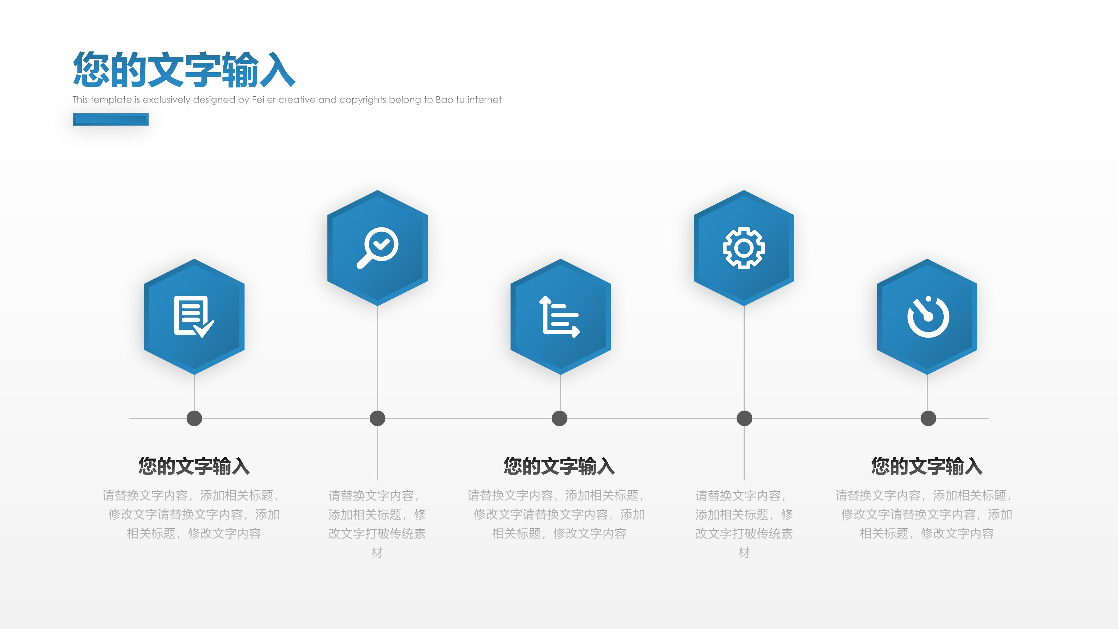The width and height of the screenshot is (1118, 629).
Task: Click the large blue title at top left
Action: [x=184, y=70]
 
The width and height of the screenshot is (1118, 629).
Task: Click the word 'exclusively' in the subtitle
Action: [x=166, y=100]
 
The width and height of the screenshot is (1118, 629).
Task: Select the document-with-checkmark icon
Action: [x=194, y=317]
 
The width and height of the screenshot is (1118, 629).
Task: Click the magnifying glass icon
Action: [x=377, y=248]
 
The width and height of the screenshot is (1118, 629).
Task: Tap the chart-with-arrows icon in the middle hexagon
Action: [x=559, y=317]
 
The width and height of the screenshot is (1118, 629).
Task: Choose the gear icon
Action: [x=744, y=248]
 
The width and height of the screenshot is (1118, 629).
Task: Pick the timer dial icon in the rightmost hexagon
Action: [x=928, y=317]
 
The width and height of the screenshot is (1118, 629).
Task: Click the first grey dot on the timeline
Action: [x=194, y=418]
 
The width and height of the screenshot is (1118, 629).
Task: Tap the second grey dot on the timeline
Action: [x=377, y=418]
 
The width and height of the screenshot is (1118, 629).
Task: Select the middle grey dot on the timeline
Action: [x=559, y=418]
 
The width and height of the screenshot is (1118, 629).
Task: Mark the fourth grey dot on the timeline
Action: [x=744, y=418]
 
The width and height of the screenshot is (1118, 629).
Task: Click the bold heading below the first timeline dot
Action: [x=194, y=466]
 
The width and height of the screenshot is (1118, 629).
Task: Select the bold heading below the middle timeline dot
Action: [x=559, y=466]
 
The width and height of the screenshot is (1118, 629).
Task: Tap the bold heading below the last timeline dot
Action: [x=927, y=466]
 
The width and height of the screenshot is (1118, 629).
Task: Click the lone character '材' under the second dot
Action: [x=377, y=553]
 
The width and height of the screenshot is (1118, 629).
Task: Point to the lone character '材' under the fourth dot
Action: [x=744, y=553]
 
